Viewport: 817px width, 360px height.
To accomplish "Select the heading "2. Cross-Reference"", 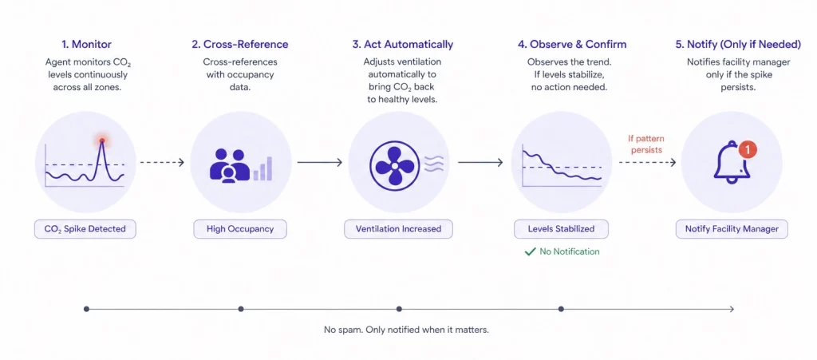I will [240, 45].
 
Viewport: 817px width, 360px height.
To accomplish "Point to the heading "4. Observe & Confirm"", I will [561, 45].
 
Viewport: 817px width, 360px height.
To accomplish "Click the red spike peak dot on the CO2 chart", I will [102, 140].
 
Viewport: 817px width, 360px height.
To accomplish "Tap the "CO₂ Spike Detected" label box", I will [85, 229].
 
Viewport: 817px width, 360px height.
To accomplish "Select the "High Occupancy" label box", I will [240, 229].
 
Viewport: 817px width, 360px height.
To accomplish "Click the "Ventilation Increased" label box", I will [398, 229].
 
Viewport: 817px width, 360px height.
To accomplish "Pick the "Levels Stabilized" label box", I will [561, 229].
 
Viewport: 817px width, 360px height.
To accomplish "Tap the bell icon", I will [731, 164].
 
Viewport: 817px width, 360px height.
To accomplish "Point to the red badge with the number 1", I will [748, 148].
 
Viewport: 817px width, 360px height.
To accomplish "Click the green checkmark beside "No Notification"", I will [529, 251].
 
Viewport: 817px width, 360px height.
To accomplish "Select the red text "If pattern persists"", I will [646, 144].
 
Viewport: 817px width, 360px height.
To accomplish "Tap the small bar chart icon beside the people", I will [262, 168].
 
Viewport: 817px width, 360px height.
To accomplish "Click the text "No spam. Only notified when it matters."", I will [406, 330].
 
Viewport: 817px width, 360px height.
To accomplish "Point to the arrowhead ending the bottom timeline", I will [732, 309].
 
